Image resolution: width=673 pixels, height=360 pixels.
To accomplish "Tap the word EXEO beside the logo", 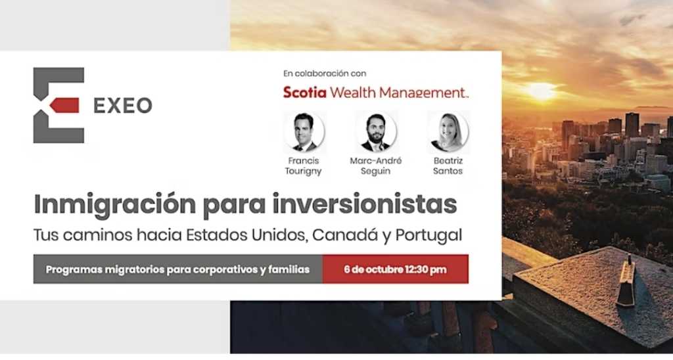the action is pos(123,106).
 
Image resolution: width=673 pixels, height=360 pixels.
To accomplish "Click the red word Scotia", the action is pos(305,92).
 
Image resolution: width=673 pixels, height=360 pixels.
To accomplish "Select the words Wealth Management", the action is pos(398,92).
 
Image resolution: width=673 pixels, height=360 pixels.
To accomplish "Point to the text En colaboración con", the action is pos(325,74).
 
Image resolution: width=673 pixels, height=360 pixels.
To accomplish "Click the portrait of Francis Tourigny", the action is pos(304,132).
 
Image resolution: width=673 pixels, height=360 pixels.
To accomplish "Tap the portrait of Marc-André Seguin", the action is pos(375,132).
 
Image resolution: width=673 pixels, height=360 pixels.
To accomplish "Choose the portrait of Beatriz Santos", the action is pos(448,132).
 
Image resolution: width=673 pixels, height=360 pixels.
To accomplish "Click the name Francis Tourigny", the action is pos(304,166).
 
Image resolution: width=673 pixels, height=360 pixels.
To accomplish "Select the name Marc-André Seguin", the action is pos(375,166).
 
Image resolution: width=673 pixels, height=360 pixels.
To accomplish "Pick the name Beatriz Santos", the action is pos(448,166).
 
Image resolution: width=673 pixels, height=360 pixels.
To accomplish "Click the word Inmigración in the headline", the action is pos(115,205).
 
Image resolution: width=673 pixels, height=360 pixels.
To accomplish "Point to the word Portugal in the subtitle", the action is pos(429,235).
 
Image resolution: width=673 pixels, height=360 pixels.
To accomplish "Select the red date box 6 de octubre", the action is pos(395,269).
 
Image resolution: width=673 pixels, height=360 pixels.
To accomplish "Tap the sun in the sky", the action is pos(541,91).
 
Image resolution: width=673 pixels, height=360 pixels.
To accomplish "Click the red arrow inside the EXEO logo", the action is pos(64,105).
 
